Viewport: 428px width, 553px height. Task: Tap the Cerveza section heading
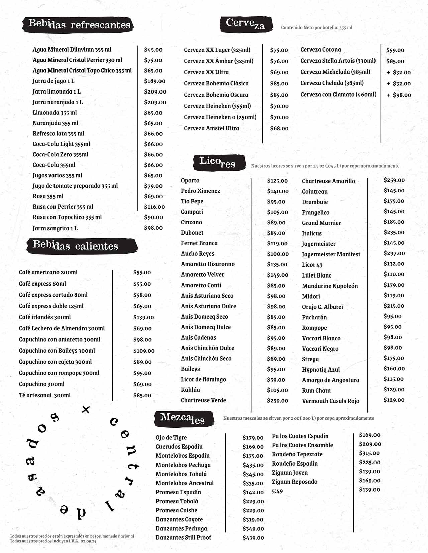tap(245, 24)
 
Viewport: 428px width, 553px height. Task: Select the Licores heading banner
tap(218, 162)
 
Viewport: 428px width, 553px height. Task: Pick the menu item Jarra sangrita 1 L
tap(55, 228)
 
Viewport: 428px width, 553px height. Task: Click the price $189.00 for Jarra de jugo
tap(154, 81)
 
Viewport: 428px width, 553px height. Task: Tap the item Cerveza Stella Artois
tap(338, 61)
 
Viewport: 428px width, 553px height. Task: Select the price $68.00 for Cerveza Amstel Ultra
tap(279, 128)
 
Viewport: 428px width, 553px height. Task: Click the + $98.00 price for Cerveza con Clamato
tap(399, 95)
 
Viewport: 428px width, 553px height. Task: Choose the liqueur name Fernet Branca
tap(199, 243)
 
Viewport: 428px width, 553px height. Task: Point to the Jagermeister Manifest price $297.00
tap(394, 253)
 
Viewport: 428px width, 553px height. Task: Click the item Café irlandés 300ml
tap(45, 317)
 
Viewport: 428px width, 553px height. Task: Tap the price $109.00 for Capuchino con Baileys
tap(144, 351)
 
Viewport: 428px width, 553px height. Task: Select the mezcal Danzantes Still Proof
tap(183, 537)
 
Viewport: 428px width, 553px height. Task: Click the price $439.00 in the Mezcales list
tap(253, 538)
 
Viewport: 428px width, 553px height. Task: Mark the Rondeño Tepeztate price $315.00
tap(369, 453)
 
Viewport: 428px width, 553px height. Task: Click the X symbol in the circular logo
tap(86, 409)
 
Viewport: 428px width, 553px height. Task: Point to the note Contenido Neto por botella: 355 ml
tap(316, 28)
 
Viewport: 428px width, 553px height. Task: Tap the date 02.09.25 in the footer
tap(88, 541)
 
